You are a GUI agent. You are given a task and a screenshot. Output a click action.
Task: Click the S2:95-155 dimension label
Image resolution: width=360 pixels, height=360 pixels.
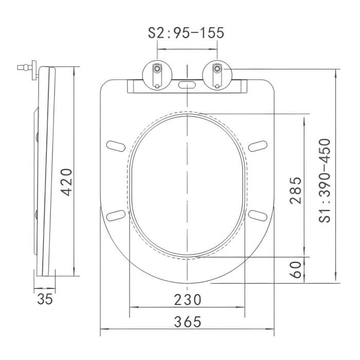pyautogui.click(x=186, y=33)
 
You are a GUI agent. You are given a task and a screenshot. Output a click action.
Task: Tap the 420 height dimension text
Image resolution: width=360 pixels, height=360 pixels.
pyautogui.click(x=66, y=182)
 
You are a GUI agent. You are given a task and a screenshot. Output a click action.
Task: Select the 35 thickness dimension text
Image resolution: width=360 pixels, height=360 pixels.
pyautogui.click(x=45, y=299)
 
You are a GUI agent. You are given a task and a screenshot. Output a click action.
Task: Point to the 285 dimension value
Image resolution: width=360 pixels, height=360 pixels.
pyautogui.click(x=295, y=190)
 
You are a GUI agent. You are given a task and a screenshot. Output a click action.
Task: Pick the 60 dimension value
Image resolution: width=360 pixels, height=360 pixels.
pyautogui.click(x=295, y=269)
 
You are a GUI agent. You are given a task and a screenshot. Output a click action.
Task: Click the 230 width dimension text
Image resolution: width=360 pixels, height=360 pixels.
pyautogui.click(x=187, y=299)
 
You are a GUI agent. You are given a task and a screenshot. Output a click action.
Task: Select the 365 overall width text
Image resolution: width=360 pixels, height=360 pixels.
pyautogui.click(x=187, y=322)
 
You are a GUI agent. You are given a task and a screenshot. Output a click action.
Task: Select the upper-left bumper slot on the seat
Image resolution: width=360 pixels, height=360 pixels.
pyautogui.click(x=116, y=146)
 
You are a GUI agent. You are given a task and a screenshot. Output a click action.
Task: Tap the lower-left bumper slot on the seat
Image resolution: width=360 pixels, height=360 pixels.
pyautogui.click(x=116, y=215)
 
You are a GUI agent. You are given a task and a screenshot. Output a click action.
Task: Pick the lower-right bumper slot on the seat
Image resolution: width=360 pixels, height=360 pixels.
pyautogui.click(x=257, y=215)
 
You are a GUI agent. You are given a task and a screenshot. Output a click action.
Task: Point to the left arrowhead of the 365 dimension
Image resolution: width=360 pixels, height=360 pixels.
pyautogui.click(x=102, y=329)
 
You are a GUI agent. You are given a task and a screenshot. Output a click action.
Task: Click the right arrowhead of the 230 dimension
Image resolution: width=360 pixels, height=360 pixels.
pyautogui.click(x=244, y=307)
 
